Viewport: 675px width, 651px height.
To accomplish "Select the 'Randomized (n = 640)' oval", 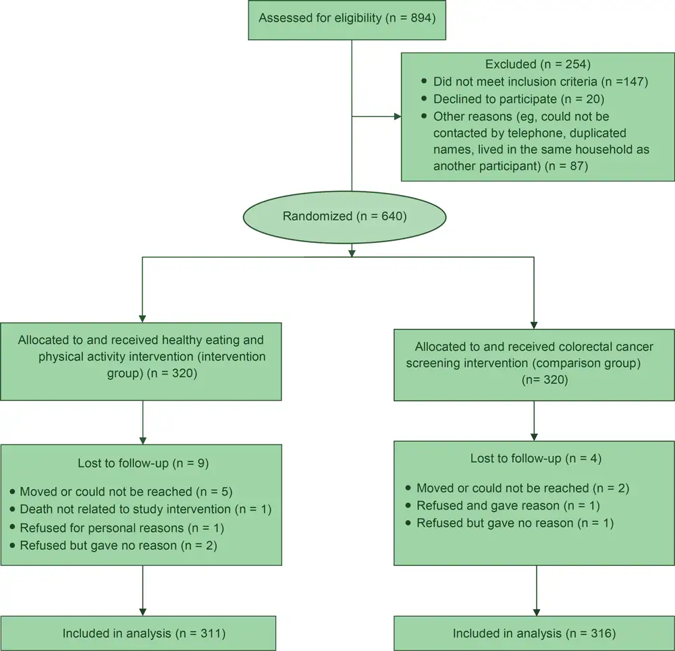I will [x=345, y=217].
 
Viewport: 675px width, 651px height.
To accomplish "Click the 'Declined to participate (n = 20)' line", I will [x=514, y=100].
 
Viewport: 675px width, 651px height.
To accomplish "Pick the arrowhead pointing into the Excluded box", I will [x=397, y=117].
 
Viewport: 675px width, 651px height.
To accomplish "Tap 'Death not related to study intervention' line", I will [x=145, y=509].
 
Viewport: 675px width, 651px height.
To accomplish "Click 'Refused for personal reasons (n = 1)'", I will [x=122, y=528].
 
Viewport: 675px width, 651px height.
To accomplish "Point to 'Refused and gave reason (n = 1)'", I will [x=508, y=505].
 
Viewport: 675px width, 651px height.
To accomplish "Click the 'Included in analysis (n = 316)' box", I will [x=534, y=633].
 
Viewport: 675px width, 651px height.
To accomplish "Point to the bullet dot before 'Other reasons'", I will [x=424, y=117].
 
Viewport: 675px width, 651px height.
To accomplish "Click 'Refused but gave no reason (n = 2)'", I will [x=118, y=545].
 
